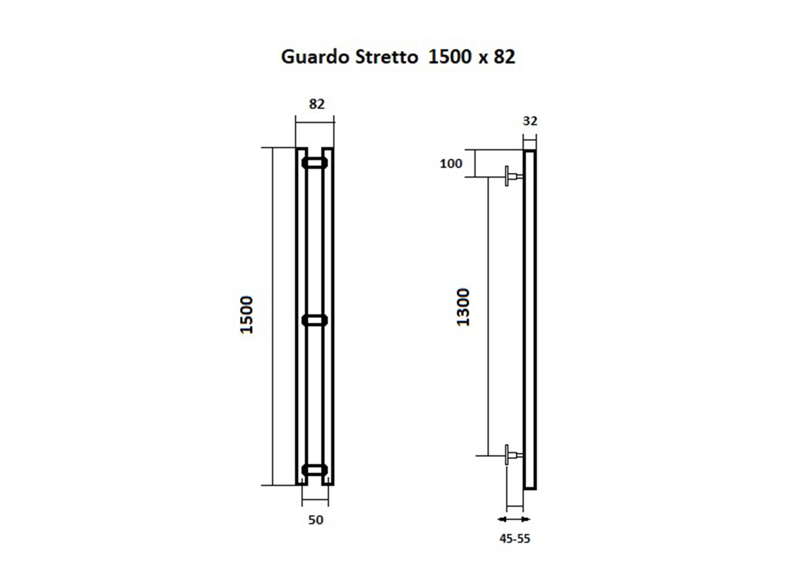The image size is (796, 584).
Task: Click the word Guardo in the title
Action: [315, 57]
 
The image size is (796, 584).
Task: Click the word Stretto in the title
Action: [386, 57]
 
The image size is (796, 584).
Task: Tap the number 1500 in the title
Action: [450, 57]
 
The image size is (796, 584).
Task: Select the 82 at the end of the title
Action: [504, 57]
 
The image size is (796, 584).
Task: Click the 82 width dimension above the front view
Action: [316, 104]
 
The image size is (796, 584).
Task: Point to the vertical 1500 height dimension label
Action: [247, 315]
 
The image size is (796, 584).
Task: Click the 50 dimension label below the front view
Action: [315, 520]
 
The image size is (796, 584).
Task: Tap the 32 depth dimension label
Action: [530, 121]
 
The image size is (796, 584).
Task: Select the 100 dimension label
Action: [451, 164]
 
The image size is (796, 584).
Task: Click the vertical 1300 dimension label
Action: [463, 307]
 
